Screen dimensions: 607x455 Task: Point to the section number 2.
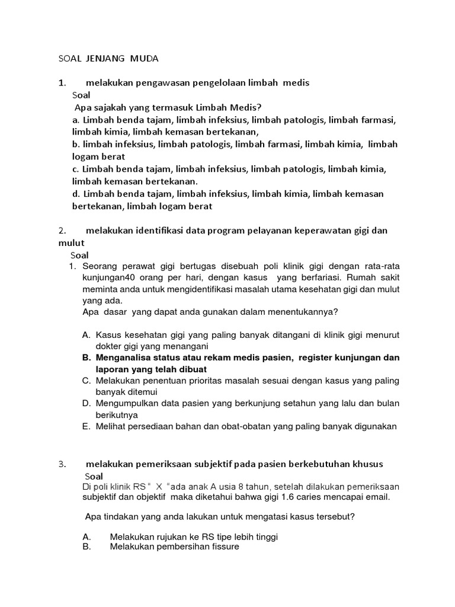62,231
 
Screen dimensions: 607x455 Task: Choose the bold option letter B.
86,357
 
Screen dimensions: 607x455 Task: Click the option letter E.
86,426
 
